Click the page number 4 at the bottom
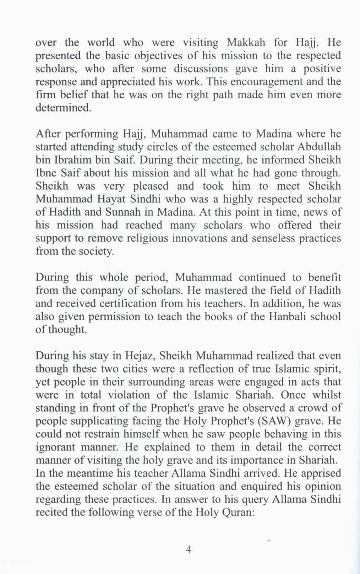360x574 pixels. pos(189,549)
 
